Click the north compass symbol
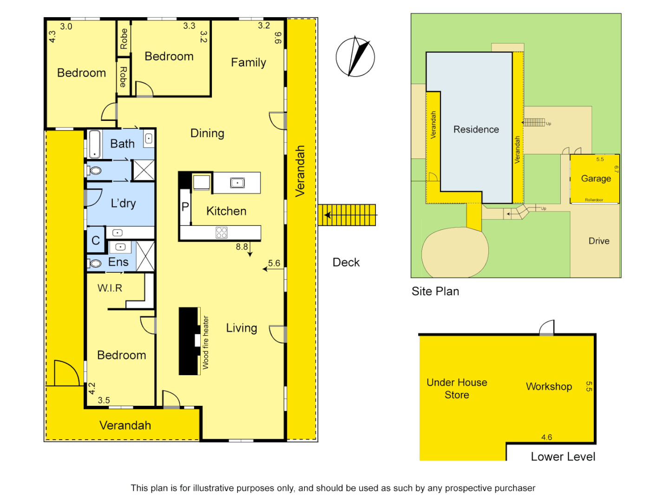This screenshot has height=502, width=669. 355,57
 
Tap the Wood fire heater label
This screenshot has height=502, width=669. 205,343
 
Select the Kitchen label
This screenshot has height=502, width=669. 226,211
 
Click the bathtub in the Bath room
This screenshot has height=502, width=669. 95,144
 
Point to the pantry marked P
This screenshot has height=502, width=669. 185,207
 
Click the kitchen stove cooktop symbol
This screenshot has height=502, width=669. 222,232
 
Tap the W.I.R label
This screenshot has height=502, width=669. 110,288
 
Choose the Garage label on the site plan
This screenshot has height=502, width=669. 596,178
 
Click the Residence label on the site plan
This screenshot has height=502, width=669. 476,129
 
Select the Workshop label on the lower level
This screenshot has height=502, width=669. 549,386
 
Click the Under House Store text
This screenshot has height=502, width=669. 457,389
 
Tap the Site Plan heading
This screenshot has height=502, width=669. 435,291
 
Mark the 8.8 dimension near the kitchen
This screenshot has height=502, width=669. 242,247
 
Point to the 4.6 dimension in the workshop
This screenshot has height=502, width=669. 546,437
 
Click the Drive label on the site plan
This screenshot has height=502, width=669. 599,241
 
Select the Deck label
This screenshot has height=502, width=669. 346,263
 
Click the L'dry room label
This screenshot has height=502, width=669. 123,203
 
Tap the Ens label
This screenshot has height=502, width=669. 118,262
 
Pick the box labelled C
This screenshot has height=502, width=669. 96,240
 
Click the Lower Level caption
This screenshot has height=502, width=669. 563,457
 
